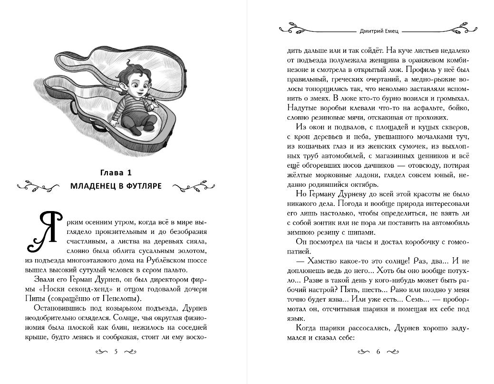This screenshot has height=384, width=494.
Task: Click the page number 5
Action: [116, 352]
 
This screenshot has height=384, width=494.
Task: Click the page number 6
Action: [378, 352]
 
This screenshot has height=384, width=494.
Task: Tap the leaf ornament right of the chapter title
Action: [194, 187]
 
